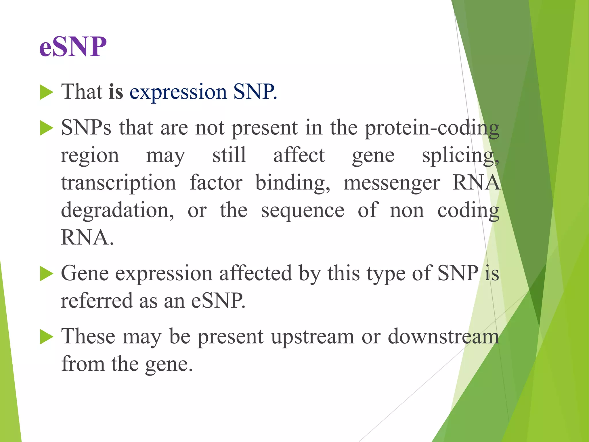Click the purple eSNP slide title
[73, 47]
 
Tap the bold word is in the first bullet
[116, 92]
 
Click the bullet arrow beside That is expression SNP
[47, 92]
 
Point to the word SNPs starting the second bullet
[86, 127]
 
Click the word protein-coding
[432, 128]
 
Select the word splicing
[460, 156]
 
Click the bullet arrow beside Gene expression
[47, 273]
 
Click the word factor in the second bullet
[216, 183]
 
